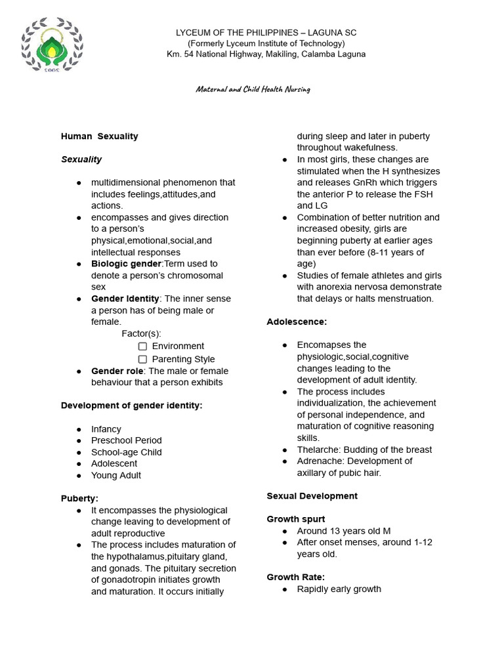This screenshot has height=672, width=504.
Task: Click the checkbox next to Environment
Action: [142, 346]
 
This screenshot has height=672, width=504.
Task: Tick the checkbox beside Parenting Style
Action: [142, 359]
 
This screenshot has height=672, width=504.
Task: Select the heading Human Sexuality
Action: [99, 136]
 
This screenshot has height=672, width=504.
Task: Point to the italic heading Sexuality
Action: [81, 159]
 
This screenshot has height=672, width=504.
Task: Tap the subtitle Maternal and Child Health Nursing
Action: [253, 89]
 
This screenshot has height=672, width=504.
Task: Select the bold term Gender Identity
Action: [125, 299]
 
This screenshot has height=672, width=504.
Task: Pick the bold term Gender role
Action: [117, 371]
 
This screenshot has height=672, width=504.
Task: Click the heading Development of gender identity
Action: [131, 406]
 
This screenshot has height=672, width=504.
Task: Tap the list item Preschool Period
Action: [126, 440]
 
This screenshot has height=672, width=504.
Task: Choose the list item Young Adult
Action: [115, 475]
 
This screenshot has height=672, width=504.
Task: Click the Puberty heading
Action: [79, 499]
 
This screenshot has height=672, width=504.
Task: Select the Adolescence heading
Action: [297, 322]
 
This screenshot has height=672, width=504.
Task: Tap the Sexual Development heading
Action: [312, 496]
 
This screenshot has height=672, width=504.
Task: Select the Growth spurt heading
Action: [295, 519]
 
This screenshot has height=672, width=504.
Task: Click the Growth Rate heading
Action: [295, 577]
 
